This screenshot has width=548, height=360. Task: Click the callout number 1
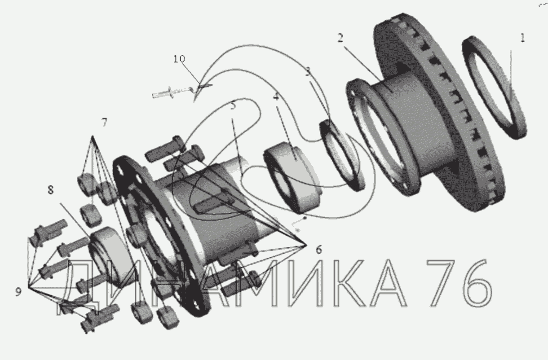(522, 38)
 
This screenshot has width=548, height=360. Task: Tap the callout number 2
(340, 38)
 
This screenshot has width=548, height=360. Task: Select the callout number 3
(308, 71)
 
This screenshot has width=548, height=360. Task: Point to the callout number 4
(276, 97)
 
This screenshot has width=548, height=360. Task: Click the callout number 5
(233, 106)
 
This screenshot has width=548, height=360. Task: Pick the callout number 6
(319, 250)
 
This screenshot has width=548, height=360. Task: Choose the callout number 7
(104, 122)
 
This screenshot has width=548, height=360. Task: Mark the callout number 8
(50, 190)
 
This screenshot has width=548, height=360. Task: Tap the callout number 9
(18, 292)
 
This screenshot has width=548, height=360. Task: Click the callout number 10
(179, 59)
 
